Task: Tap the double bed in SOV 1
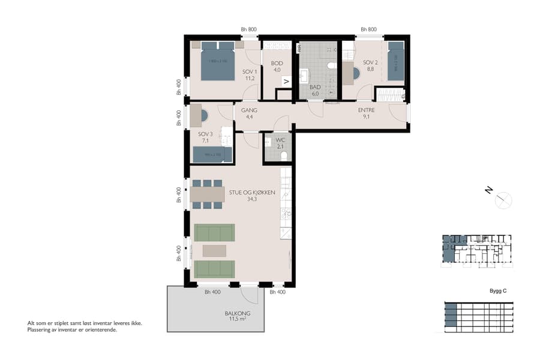point(217,61)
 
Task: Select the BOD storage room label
point(277,63)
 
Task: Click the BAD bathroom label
point(315,87)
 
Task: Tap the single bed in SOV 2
point(396,60)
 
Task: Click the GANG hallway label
point(249,110)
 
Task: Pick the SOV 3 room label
point(206,134)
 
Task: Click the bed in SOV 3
point(208,155)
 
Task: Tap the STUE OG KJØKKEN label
point(251,193)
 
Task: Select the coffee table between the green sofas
point(214,250)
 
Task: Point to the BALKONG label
point(238,314)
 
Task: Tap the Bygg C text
point(498,291)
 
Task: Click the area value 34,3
point(252,199)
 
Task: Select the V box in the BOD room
point(286,82)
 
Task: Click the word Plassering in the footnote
point(40,329)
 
